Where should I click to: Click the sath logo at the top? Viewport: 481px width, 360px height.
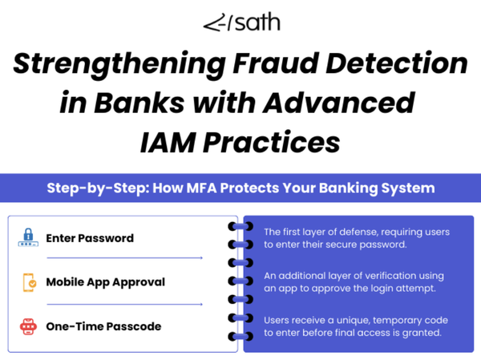click(240, 22)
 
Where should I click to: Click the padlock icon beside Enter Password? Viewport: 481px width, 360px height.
click(28, 238)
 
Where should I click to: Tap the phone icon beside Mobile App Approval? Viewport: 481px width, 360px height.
click(28, 282)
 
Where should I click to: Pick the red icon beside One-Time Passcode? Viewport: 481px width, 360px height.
click(28, 326)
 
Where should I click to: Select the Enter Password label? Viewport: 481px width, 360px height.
click(90, 238)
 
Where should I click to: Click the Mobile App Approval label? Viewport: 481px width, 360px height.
click(105, 282)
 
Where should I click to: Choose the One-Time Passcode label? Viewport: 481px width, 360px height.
click(103, 326)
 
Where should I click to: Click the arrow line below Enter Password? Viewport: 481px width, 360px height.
click(124, 258)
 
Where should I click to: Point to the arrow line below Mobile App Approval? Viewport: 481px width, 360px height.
click(124, 304)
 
